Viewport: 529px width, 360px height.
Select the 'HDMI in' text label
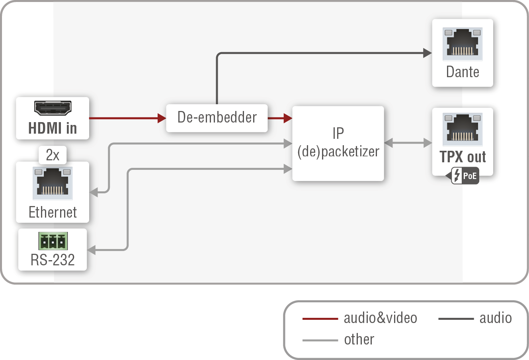tap(53, 128)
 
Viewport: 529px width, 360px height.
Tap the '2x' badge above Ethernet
tap(53, 155)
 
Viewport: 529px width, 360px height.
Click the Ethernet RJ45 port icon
tap(53, 183)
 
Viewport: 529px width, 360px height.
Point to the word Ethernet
tap(53, 212)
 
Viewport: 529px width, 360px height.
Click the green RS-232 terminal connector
tap(53, 241)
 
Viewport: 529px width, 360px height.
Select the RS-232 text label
tap(53, 260)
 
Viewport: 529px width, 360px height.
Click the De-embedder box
tap(217, 118)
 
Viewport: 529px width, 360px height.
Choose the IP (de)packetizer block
tap(338, 143)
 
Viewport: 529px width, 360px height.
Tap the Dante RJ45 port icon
tap(463, 44)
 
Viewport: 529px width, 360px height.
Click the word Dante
tap(463, 72)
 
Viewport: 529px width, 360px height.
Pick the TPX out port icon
tap(463, 129)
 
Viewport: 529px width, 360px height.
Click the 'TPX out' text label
tap(463, 157)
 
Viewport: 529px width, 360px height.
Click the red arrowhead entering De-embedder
tap(162, 118)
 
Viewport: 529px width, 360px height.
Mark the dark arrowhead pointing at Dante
tap(427, 53)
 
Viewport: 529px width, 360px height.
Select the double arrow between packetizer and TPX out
tap(408, 143)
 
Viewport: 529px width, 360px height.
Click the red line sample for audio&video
tap(320, 319)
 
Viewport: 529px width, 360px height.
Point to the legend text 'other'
tap(359, 340)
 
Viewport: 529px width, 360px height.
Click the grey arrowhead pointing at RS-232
tap(92, 250)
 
